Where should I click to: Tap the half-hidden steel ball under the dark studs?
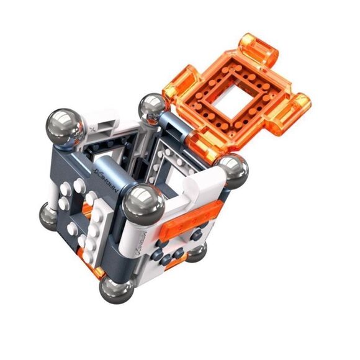tap(197, 251)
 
